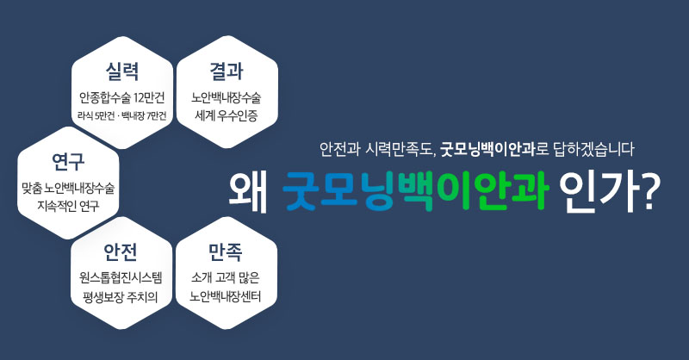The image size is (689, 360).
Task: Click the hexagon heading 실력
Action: tap(122, 71)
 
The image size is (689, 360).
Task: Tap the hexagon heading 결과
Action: tap(227, 71)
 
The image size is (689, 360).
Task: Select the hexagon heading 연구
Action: tap(68, 161)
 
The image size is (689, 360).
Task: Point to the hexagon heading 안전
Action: tap(121, 251)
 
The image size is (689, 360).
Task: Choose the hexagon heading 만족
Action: tap(226, 251)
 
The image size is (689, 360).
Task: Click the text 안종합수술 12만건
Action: tap(121, 97)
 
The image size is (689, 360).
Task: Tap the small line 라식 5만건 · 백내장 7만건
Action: tap(121, 116)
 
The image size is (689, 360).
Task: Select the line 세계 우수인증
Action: tap(227, 116)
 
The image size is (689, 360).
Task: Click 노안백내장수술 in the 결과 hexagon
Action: tap(227, 97)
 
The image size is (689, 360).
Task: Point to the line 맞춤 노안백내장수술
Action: tap(68, 188)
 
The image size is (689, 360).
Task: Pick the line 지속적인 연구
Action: tap(68, 206)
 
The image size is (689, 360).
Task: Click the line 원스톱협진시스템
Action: tap(121, 278)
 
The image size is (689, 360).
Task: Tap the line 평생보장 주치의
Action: tap(121, 297)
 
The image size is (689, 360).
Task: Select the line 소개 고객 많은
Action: tap(226, 278)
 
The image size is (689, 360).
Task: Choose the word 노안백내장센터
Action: tap(226, 297)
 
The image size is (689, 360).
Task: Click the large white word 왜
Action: tap(248, 193)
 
